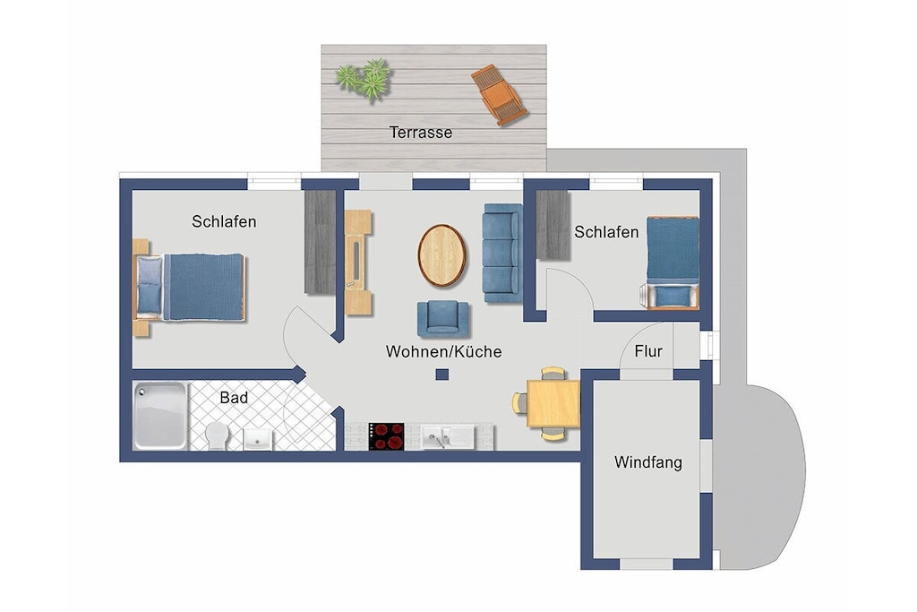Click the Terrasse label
421,133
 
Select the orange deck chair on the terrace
499,95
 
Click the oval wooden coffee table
442,255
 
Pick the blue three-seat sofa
501,253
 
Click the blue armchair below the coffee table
442,319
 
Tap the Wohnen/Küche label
443,351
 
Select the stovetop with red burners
387,436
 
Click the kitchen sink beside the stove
448,437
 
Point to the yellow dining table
553,404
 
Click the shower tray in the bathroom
160,416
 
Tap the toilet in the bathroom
217,435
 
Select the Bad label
234,398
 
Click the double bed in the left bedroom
188,288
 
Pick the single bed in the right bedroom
673,263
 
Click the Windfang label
648,462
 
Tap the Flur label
648,351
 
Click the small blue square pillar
442,375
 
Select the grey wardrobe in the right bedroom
553,225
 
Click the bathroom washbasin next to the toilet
258,439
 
